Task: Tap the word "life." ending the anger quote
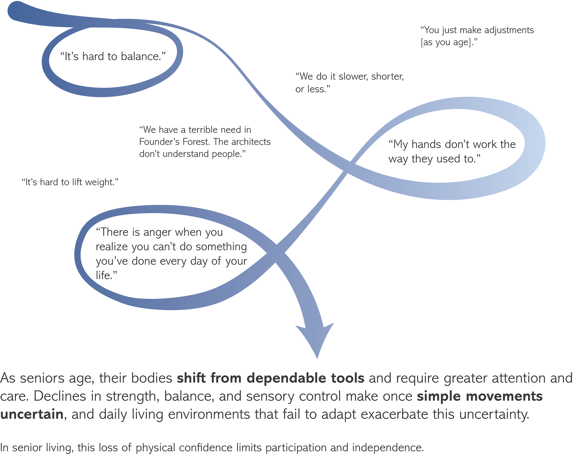pyautogui.click(x=106, y=275)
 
